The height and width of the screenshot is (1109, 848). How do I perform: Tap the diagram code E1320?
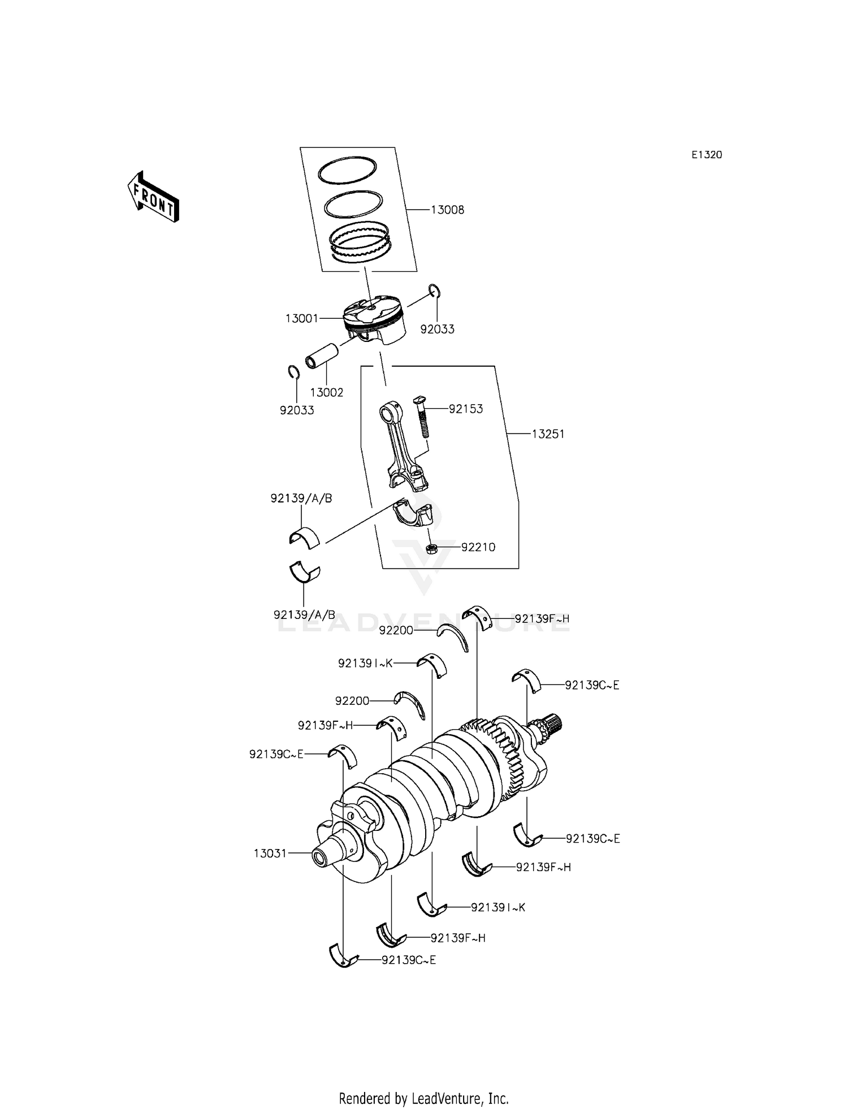pyautogui.click(x=707, y=155)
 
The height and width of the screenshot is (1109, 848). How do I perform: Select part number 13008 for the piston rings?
pyautogui.click(x=447, y=210)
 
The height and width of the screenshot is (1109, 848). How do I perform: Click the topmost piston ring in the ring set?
pyautogui.click(x=347, y=170)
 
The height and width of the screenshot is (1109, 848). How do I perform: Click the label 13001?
pyautogui.click(x=302, y=319)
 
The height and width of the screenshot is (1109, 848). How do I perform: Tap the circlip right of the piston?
pyautogui.click(x=434, y=292)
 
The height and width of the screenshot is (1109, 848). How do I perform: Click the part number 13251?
pyautogui.click(x=548, y=434)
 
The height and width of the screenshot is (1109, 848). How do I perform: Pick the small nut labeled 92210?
pyautogui.click(x=431, y=548)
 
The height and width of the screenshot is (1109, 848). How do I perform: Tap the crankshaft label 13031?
pyautogui.click(x=270, y=854)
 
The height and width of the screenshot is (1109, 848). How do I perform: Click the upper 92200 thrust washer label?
pyautogui.click(x=396, y=630)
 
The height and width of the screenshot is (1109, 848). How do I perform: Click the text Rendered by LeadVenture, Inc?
pyautogui.click(x=423, y=1099)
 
